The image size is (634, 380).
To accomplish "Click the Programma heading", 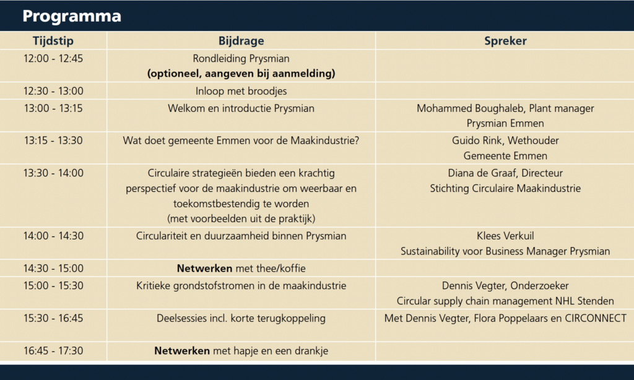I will pyautogui.click(x=72, y=16).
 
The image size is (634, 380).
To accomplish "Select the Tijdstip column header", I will pyautogui.click(x=53, y=41).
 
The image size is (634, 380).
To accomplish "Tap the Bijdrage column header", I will pyautogui.click(x=241, y=41).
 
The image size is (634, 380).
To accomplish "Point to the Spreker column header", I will pyautogui.click(x=505, y=41).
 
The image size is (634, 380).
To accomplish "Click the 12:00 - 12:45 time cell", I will pyautogui.click(x=53, y=59).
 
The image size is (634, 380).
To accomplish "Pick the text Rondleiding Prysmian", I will pyautogui.click(x=241, y=59).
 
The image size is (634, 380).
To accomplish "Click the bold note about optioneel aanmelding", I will pyautogui.click(x=241, y=74).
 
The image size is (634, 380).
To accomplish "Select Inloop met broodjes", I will pyautogui.click(x=241, y=91).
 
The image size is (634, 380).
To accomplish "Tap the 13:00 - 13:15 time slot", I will pyautogui.click(x=53, y=108).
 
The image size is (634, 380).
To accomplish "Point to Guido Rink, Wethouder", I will pyautogui.click(x=505, y=140).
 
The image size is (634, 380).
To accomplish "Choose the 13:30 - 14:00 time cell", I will pyautogui.click(x=53, y=173).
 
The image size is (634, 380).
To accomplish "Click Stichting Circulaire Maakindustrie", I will pyautogui.click(x=505, y=188).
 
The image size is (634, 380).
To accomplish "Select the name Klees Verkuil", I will pyautogui.click(x=505, y=236).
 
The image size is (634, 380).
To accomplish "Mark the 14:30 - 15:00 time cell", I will pyautogui.click(x=53, y=269).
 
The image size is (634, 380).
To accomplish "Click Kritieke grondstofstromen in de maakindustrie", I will pyautogui.click(x=241, y=285).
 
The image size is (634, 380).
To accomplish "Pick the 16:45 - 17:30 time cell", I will pyautogui.click(x=53, y=351).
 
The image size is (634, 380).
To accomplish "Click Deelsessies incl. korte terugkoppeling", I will pyautogui.click(x=241, y=318).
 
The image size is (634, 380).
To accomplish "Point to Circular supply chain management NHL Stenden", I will pyautogui.click(x=505, y=301).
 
